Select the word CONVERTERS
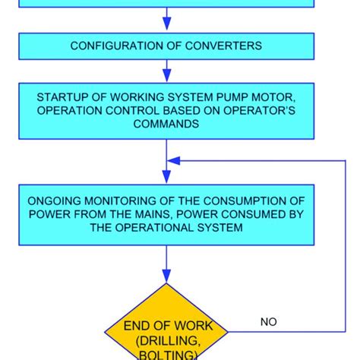pos(228,46)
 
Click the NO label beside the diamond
pos(268,322)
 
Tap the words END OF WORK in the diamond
pos(166,327)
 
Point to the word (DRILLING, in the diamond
pos(166,340)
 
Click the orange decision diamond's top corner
pos(166,285)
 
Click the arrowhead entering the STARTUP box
pos(166,77)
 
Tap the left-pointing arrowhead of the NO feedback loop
pos(173,160)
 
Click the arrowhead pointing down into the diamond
pos(166,278)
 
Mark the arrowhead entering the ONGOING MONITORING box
pos(166,180)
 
